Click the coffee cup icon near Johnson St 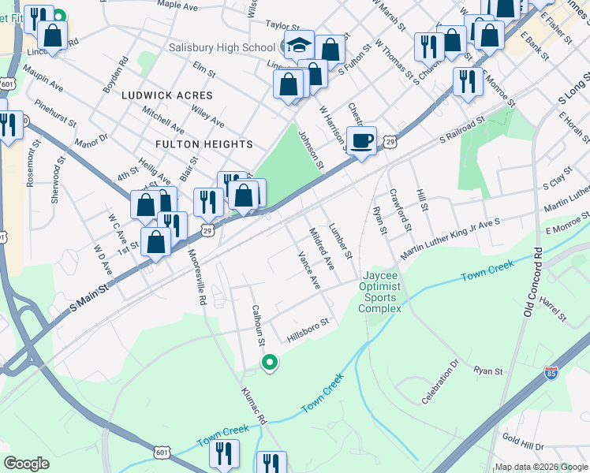coord(361,141)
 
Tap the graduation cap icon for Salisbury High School coord(300,46)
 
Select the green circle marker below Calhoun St coord(270,363)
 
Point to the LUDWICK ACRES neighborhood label coord(167,95)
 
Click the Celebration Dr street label coord(439,383)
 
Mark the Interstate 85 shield coord(550,374)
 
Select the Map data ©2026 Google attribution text coord(542,467)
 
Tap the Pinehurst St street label coord(56,114)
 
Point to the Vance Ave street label coord(308,270)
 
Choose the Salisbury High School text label coord(222,47)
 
